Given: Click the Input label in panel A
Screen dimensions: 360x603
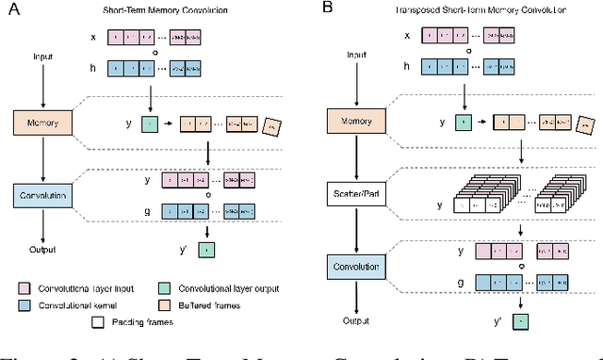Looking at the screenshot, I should [x=40, y=57].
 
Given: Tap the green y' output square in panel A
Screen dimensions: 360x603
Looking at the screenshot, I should [x=207, y=249].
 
